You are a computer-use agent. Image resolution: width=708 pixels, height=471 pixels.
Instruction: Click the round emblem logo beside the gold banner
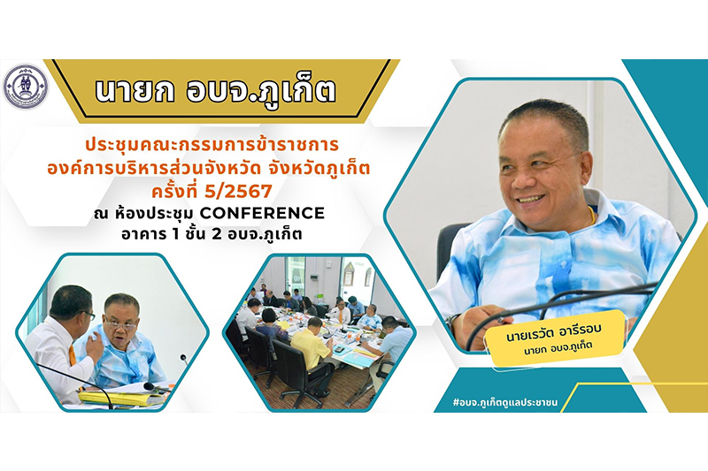coord(26,87)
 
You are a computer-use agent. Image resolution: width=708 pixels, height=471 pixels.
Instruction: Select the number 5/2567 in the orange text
coord(244,192)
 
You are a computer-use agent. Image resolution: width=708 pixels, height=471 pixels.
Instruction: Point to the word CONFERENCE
coord(262,213)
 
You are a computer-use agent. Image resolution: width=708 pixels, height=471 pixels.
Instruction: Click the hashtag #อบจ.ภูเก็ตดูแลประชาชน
coord(504,402)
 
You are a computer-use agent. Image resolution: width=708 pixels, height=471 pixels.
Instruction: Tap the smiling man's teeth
coord(531,198)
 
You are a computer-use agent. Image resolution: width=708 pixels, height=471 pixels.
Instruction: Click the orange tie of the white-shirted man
coord(73,356)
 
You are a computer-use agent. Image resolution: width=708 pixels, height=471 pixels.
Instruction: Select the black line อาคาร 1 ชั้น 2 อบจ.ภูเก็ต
coord(212,234)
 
